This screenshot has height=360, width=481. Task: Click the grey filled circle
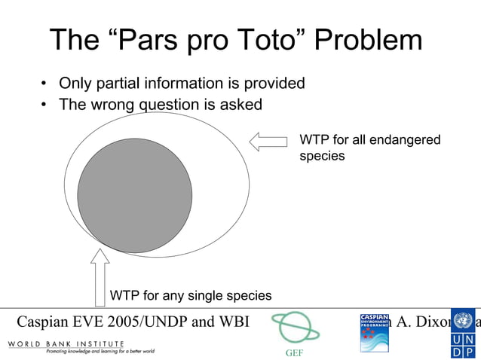[x=135, y=195]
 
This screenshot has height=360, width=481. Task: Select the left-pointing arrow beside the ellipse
[x=268, y=142]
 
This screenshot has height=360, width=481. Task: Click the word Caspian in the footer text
[x=44, y=322]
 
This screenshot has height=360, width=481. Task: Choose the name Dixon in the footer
[x=430, y=322]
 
